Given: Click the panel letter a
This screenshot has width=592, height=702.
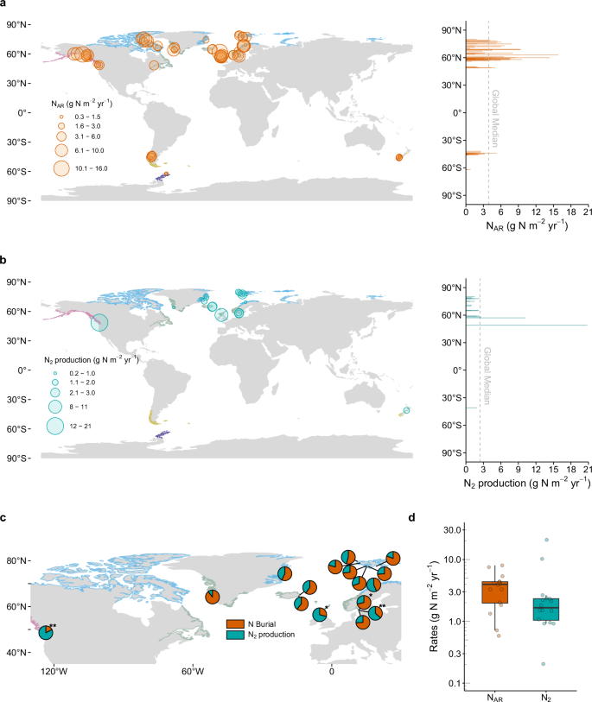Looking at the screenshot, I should pyautogui.click(x=5, y=5).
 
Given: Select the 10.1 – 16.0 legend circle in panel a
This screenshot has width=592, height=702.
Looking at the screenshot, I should pyautogui.click(x=61, y=168).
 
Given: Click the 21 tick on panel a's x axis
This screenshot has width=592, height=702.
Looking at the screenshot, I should pyautogui.click(x=587, y=212).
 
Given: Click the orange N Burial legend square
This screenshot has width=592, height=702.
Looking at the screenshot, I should pyautogui.click(x=233, y=622).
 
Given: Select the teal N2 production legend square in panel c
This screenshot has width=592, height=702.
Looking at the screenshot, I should pyautogui.click(x=233, y=634).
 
